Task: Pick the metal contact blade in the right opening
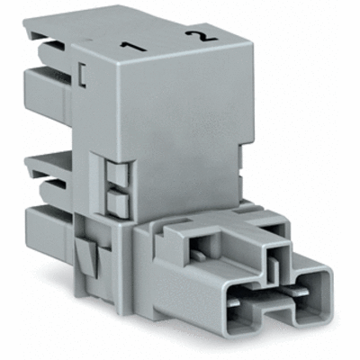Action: click(x=306, y=301)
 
